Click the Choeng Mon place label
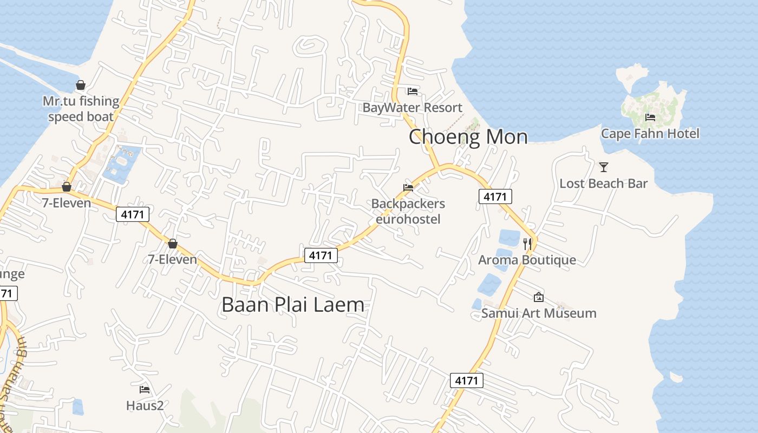click(x=468, y=136)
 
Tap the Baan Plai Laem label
click(x=293, y=305)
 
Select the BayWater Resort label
click(x=413, y=107)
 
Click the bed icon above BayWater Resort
click(x=413, y=91)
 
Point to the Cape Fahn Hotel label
click(x=650, y=133)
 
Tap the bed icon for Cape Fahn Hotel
click(x=650, y=117)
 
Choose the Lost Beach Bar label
click(x=603, y=183)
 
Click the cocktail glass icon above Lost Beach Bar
click(x=604, y=167)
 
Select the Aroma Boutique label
click(x=527, y=260)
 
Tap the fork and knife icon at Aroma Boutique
click(x=527, y=244)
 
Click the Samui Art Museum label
click(x=539, y=313)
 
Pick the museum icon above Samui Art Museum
click(x=539, y=297)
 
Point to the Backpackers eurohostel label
click(x=408, y=211)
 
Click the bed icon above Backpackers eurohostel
click(x=408, y=188)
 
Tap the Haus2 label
click(x=145, y=405)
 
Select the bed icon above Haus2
click(x=145, y=389)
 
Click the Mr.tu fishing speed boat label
click(x=81, y=109)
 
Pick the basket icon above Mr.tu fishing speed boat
click(x=81, y=85)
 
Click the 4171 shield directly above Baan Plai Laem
click(x=321, y=255)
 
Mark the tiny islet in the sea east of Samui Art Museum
click(x=676, y=377)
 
